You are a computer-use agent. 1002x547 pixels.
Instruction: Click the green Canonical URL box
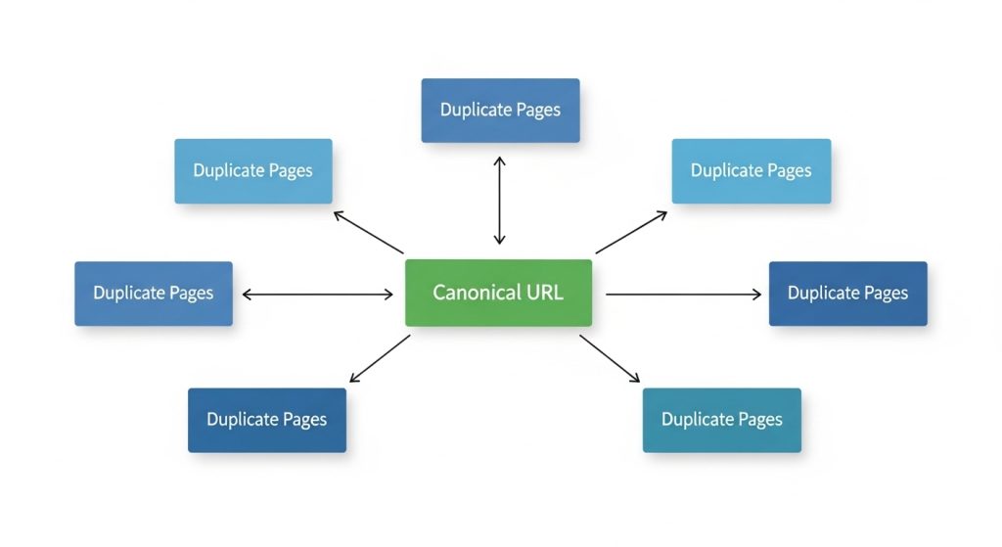pos(498,293)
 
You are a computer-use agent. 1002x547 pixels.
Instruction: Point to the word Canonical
pos(477,293)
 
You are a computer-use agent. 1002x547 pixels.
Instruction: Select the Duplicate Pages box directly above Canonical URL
pos(500,111)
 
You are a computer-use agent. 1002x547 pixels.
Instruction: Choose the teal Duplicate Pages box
pos(721,420)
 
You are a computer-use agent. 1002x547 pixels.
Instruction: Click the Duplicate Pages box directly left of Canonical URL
pos(154,294)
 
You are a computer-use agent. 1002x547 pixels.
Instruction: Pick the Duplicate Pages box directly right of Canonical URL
pos(848,294)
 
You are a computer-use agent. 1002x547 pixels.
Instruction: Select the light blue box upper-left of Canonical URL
pos(253,171)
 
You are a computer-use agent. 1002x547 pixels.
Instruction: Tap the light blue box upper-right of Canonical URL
pos(751,171)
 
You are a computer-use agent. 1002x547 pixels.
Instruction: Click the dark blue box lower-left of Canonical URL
pos(267,420)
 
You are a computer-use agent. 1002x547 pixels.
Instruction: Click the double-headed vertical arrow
pos(500,201)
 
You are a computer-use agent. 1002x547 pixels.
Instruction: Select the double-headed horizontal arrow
pos(318,295)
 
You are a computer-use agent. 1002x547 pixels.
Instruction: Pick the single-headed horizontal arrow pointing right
pos(683,295)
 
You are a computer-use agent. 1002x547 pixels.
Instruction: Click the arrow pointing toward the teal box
pos(610,358)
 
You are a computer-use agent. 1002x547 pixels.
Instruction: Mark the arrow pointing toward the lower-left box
pos(381,358)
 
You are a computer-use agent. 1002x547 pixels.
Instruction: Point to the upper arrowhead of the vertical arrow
pos(500,161)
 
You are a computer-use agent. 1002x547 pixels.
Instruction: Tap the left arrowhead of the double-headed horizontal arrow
pos(248,295)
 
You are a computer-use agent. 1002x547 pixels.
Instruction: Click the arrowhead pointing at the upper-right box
pos(661,215)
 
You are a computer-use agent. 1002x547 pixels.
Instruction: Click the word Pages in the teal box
pos(760,420)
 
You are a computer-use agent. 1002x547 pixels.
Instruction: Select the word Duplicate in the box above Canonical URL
pos(476,110)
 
